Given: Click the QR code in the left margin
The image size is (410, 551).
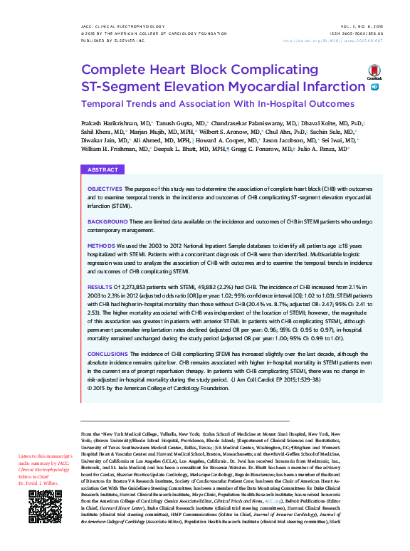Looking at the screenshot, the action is pyautogui.click(x=41, y=525).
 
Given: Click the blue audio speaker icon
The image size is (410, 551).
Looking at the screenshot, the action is pyautogui.click(x=375, y=87).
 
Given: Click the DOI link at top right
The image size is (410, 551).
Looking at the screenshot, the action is pyautogui.click(x=343, y=41).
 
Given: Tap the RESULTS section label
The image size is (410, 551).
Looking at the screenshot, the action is pyautogui.click(x=100, y=284).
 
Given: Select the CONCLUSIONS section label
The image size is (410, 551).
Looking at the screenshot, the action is pyautogui.click(x=108, y=353).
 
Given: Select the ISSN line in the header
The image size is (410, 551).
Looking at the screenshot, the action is pyautogui.click(x=361, y=34).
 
